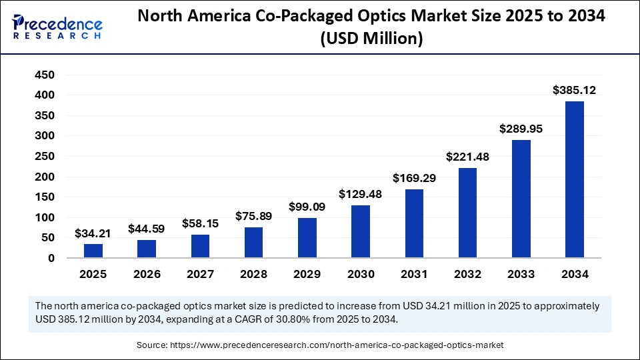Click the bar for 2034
pos(574,179)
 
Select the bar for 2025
pos(93,251)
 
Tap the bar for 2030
pos(361,231)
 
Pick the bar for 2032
pos(467,213)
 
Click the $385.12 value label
pos(574,90)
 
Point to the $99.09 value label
pos(307,207)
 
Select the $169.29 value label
pos(414,178)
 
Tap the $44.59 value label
pos(147,229)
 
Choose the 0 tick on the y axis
pos(51,258)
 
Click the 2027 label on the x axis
pos(200,274)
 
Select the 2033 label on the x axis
pos(521,274)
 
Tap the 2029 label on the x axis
pos(307,274)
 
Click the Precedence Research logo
pos(57,26)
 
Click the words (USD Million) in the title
pos(371,39)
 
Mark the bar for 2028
pos(253,243)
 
